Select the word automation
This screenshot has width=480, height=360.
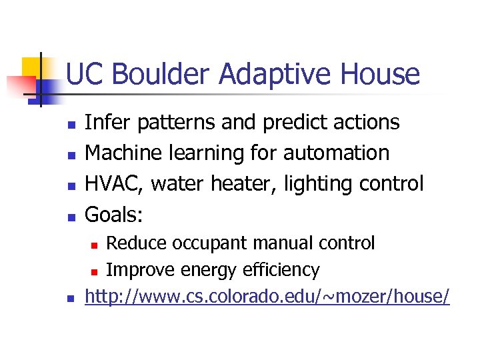click(337, 153)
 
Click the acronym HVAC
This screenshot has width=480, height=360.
click(113, 183)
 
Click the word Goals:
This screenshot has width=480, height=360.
click(115, 213)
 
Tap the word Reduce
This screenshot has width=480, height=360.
click(137, 243)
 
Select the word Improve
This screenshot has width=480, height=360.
click(140, 270)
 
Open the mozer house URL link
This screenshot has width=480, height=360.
click(267, 297)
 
